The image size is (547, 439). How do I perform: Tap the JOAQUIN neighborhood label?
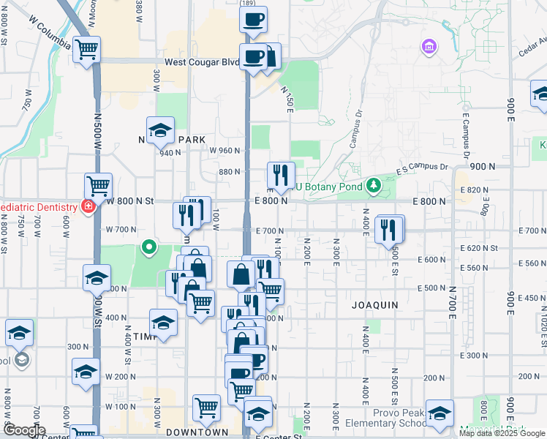click(375, 304)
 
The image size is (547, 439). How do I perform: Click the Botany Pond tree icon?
click(374, 185)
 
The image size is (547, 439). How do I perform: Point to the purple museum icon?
click(429, 48)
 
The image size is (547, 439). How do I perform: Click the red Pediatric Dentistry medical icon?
click(88, 207)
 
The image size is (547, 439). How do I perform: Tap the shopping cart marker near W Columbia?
click(87, 50)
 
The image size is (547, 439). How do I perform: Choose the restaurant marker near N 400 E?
click(389, 230)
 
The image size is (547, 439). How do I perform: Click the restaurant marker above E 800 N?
click(281, 176)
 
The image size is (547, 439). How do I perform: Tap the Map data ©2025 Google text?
click(502, 433)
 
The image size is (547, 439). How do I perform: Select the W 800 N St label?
click(132, 200)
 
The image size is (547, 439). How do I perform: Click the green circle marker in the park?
click(148, 247)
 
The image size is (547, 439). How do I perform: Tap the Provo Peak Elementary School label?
click(393, 418)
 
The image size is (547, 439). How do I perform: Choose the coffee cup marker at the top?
click(254, 20)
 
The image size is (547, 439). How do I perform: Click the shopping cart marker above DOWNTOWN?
click(207, 408)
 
